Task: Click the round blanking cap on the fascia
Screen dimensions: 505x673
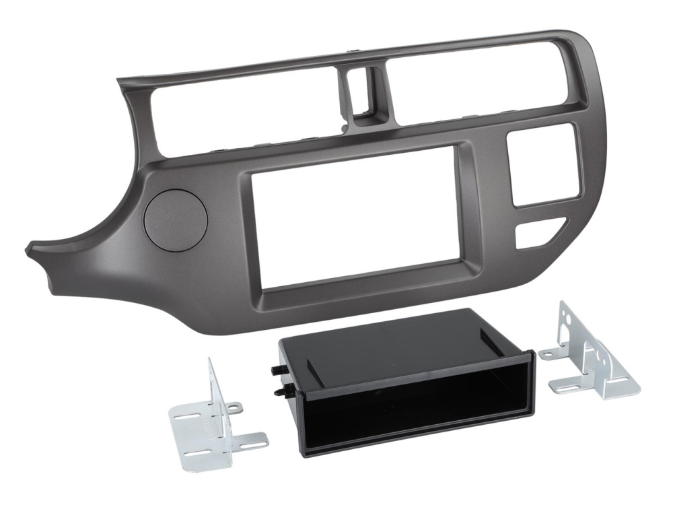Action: (175, 222)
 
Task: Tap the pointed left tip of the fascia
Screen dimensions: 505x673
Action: (30, 250)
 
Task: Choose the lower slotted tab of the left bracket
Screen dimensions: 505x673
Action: (252, 439)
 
